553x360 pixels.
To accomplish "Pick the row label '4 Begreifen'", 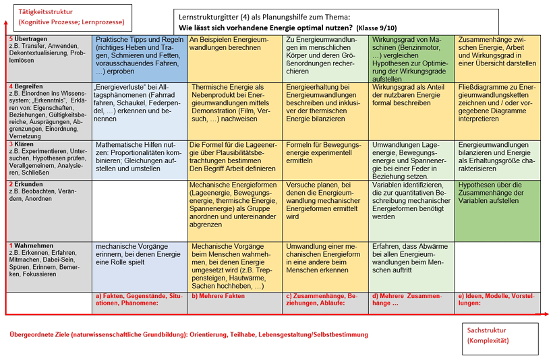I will (x=28, y=86).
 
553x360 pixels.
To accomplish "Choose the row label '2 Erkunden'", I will (x=26, y=184).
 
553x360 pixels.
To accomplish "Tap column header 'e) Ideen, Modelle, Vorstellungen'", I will (x=499, y=299).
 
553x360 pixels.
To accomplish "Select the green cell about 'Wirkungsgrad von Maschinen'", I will (x=411, y=59).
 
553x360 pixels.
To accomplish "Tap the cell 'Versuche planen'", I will (x=324, y=199).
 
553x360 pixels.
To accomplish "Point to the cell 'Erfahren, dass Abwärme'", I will (x=411, y=258).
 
